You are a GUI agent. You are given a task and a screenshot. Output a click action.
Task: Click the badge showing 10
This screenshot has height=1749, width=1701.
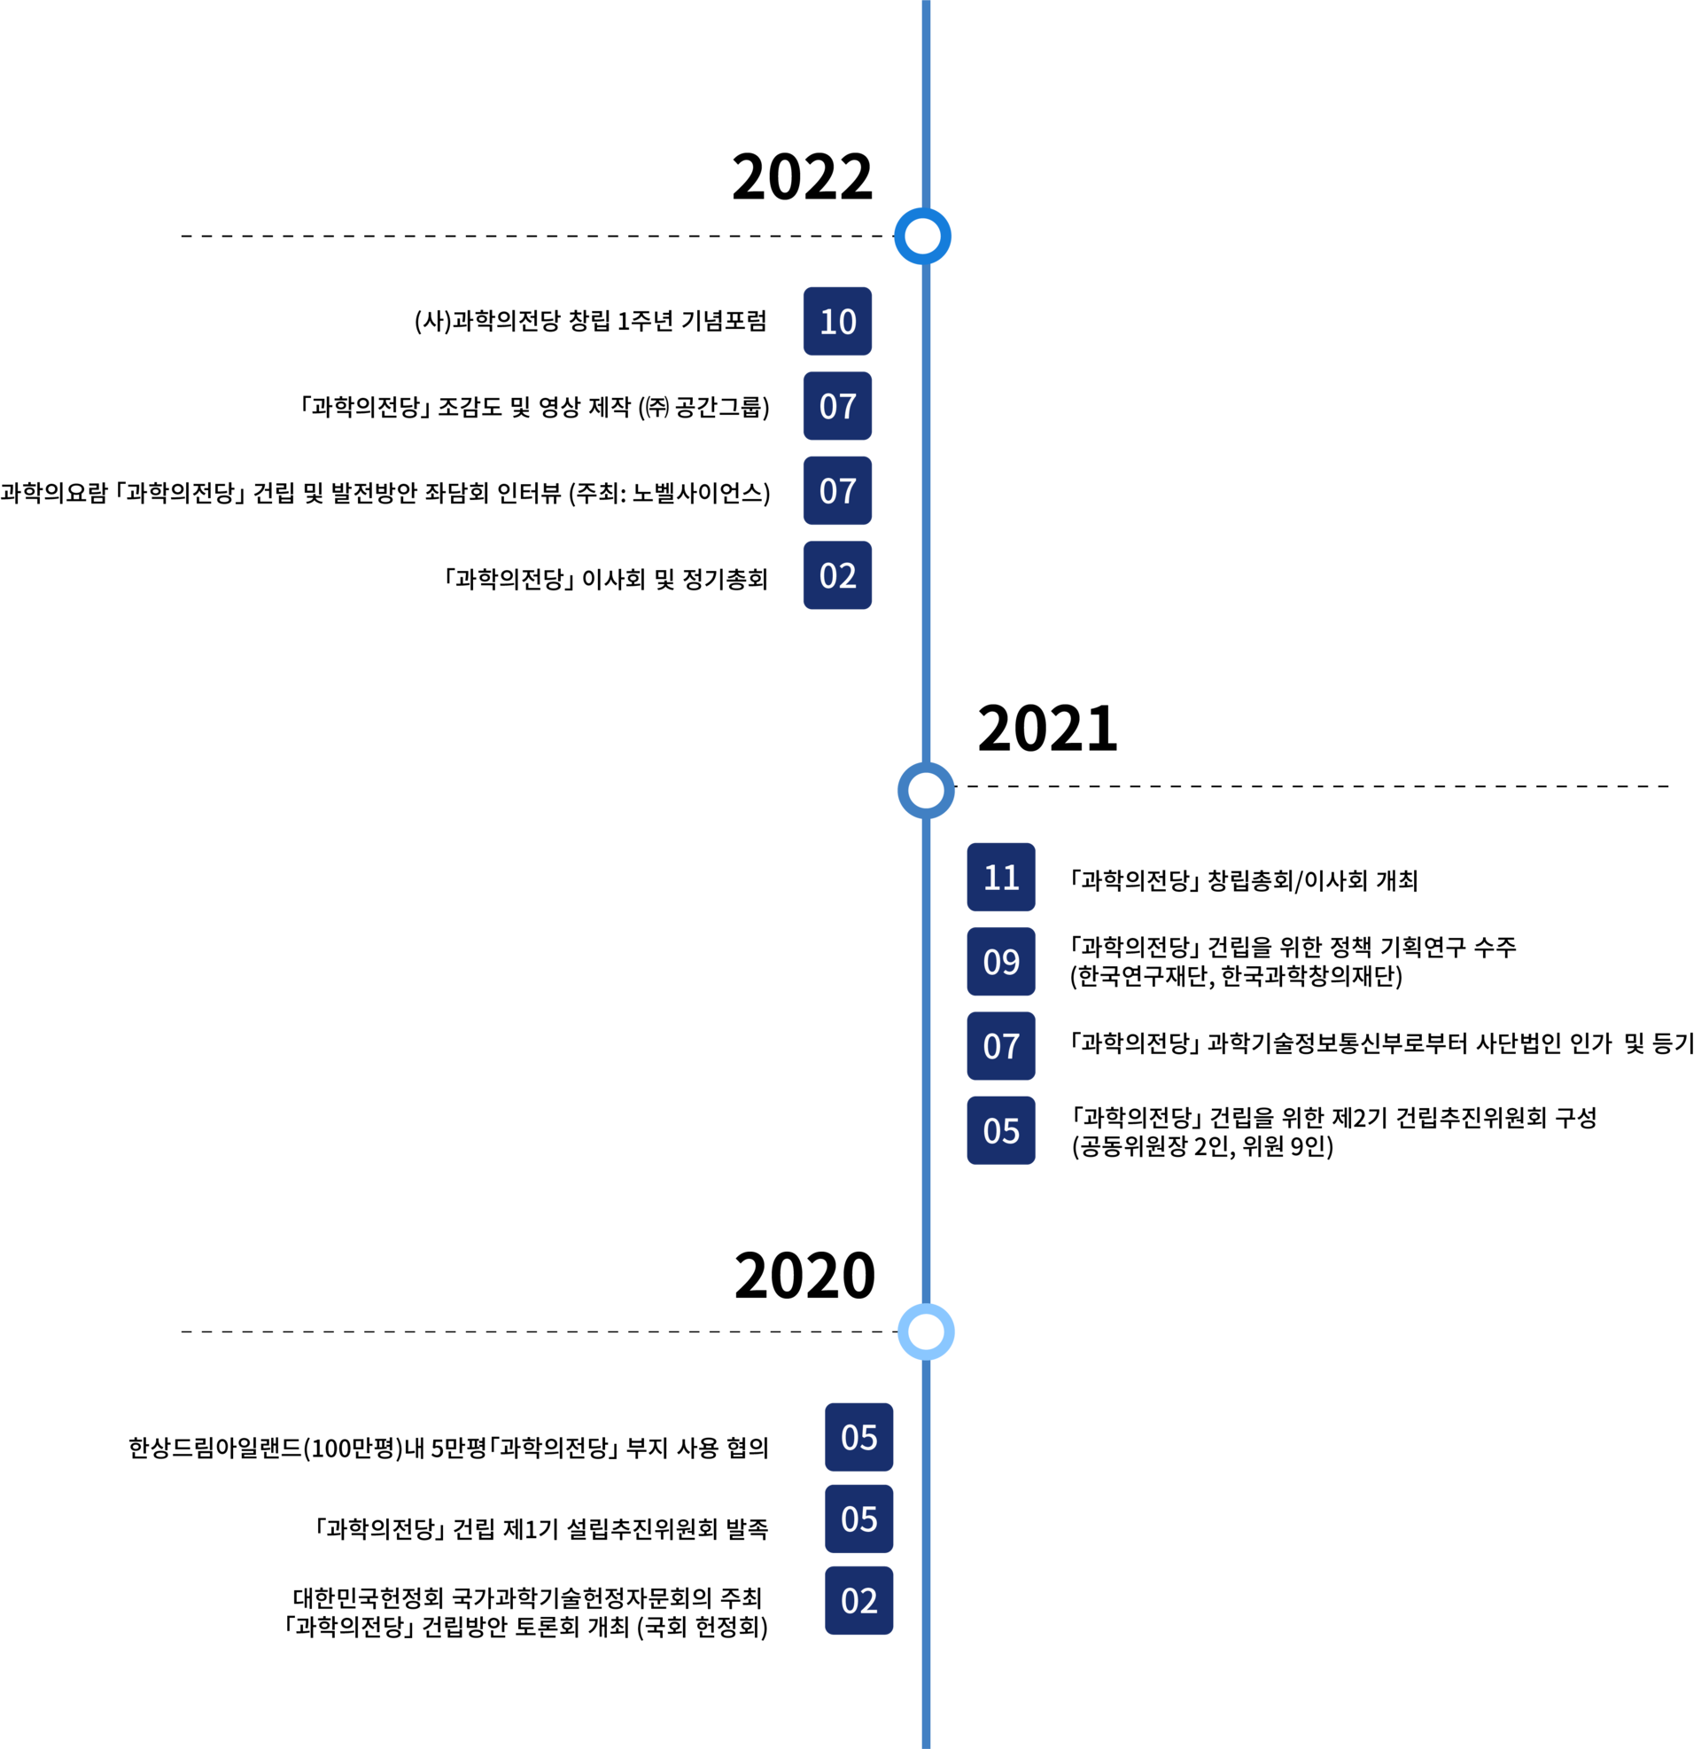point(837,321)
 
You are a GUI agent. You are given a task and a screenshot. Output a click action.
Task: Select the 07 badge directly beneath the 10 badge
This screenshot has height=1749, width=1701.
point(837,406)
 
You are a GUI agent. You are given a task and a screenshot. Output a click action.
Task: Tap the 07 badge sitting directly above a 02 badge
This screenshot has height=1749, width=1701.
point(837,490)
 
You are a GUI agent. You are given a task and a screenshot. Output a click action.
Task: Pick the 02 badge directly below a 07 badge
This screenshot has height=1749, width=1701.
point(837,574)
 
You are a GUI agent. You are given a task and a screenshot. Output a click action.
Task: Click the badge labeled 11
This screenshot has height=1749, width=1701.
point(1000,877)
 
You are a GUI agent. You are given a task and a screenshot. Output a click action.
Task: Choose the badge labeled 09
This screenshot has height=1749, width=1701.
point(1000,962)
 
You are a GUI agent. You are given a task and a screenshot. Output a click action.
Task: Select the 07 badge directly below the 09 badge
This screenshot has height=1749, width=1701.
point(1000,1046)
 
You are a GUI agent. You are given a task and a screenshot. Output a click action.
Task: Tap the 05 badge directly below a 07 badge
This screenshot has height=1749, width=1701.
point(1000,1130)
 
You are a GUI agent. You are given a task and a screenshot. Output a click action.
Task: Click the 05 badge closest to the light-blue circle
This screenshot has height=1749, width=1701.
point(858,1437)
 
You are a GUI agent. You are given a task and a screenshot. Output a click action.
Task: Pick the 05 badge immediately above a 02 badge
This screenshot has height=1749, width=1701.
point(858,1519)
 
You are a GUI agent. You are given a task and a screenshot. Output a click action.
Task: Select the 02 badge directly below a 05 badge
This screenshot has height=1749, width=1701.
point(858,1600)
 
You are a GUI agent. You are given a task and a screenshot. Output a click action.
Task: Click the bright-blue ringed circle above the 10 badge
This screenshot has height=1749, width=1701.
point(923,236)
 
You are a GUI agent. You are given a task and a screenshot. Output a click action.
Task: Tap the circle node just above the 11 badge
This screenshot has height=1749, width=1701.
point(926,790)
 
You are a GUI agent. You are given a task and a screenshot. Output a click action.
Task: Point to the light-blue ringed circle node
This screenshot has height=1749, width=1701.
point(926,1331)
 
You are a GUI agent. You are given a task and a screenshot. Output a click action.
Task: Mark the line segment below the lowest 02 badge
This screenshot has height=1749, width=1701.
point(926,1698)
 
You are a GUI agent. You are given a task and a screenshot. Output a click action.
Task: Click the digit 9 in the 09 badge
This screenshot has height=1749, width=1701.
point(1011,963)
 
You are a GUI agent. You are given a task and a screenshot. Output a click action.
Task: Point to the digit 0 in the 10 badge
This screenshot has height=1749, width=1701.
point(847,322)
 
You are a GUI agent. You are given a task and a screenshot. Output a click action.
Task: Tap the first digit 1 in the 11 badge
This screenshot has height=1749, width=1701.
point(990,878)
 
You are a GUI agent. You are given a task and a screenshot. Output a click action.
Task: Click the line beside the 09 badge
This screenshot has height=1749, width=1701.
point(926,962)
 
